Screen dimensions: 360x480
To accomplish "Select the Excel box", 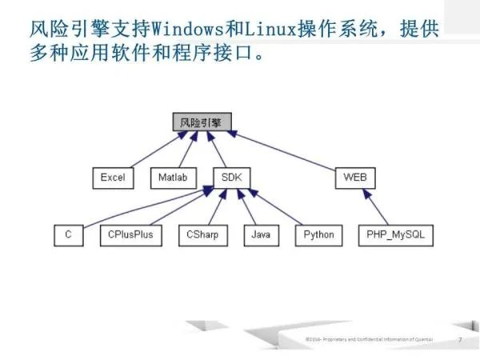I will (x=113, y=177).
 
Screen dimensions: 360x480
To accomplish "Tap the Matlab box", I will (x=173, y=177).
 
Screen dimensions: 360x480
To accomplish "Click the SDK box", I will (x=232, y=177).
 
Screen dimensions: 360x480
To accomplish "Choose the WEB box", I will (x=354, y=177).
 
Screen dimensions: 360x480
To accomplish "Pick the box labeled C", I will (x=69, y=235).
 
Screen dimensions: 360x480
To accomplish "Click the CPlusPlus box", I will (x=130, y=235).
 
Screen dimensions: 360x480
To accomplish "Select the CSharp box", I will (x=202, y=235).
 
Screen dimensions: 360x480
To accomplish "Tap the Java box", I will (x=261, y=235).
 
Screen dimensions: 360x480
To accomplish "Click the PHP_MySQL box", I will (x=395, y=235).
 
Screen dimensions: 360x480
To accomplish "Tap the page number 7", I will (x=460, y=340).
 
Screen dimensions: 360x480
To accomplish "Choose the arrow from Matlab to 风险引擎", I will (x=186, y=150).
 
